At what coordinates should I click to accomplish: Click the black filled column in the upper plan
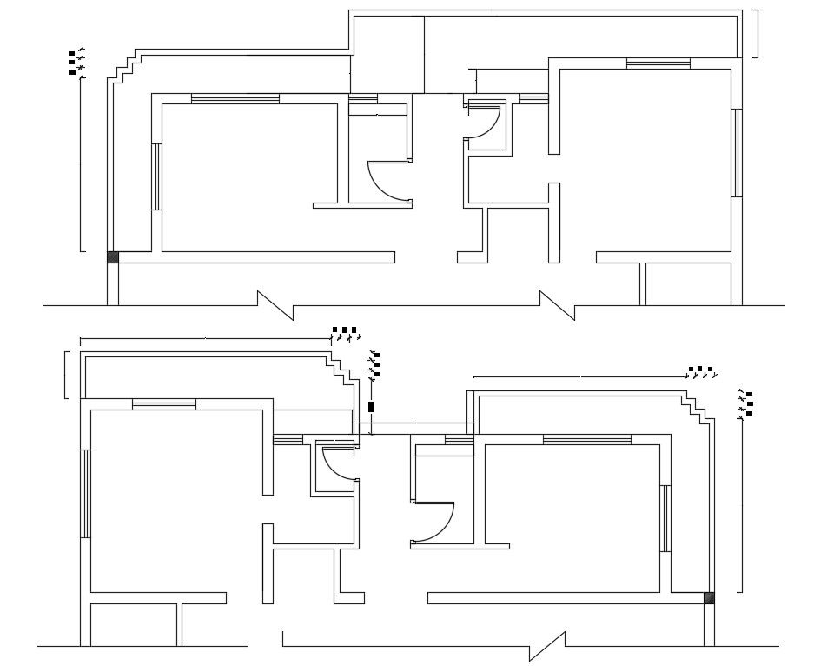[112, 256]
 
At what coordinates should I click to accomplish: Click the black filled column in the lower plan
[709, 597]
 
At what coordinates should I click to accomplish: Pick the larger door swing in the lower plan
[433, 523]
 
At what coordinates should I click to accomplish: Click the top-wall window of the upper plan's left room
[235, 99]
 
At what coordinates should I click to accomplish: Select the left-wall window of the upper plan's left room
[156, 177]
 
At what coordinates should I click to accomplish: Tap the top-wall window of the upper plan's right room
[658, 63]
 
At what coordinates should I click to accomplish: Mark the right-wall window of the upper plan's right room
[736, 153]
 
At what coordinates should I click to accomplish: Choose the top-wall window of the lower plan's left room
[164, 403]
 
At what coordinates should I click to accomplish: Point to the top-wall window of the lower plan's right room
[586, 440]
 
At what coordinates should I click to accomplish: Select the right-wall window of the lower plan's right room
[665, 519]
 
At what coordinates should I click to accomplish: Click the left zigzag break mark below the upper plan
[276, 304]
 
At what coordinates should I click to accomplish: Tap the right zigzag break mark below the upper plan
[558, 304]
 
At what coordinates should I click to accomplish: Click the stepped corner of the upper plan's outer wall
[127, 66]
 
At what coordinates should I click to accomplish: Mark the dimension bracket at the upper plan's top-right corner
[756, 33]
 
